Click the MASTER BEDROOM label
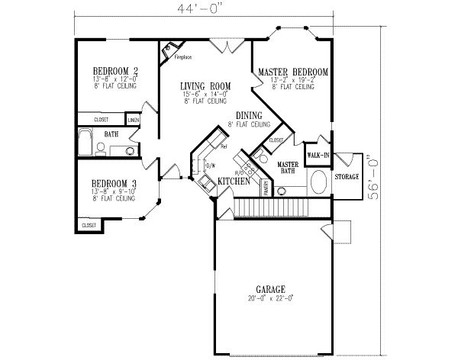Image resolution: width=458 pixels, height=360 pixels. [x=293, y=72]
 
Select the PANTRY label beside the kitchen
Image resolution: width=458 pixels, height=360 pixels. [x=266, y=187]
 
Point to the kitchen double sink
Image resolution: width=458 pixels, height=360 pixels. [x=205, y=183]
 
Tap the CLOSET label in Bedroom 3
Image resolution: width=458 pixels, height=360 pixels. [x=89, y=225]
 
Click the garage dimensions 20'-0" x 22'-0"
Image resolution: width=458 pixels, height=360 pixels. [x=271, y=298]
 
